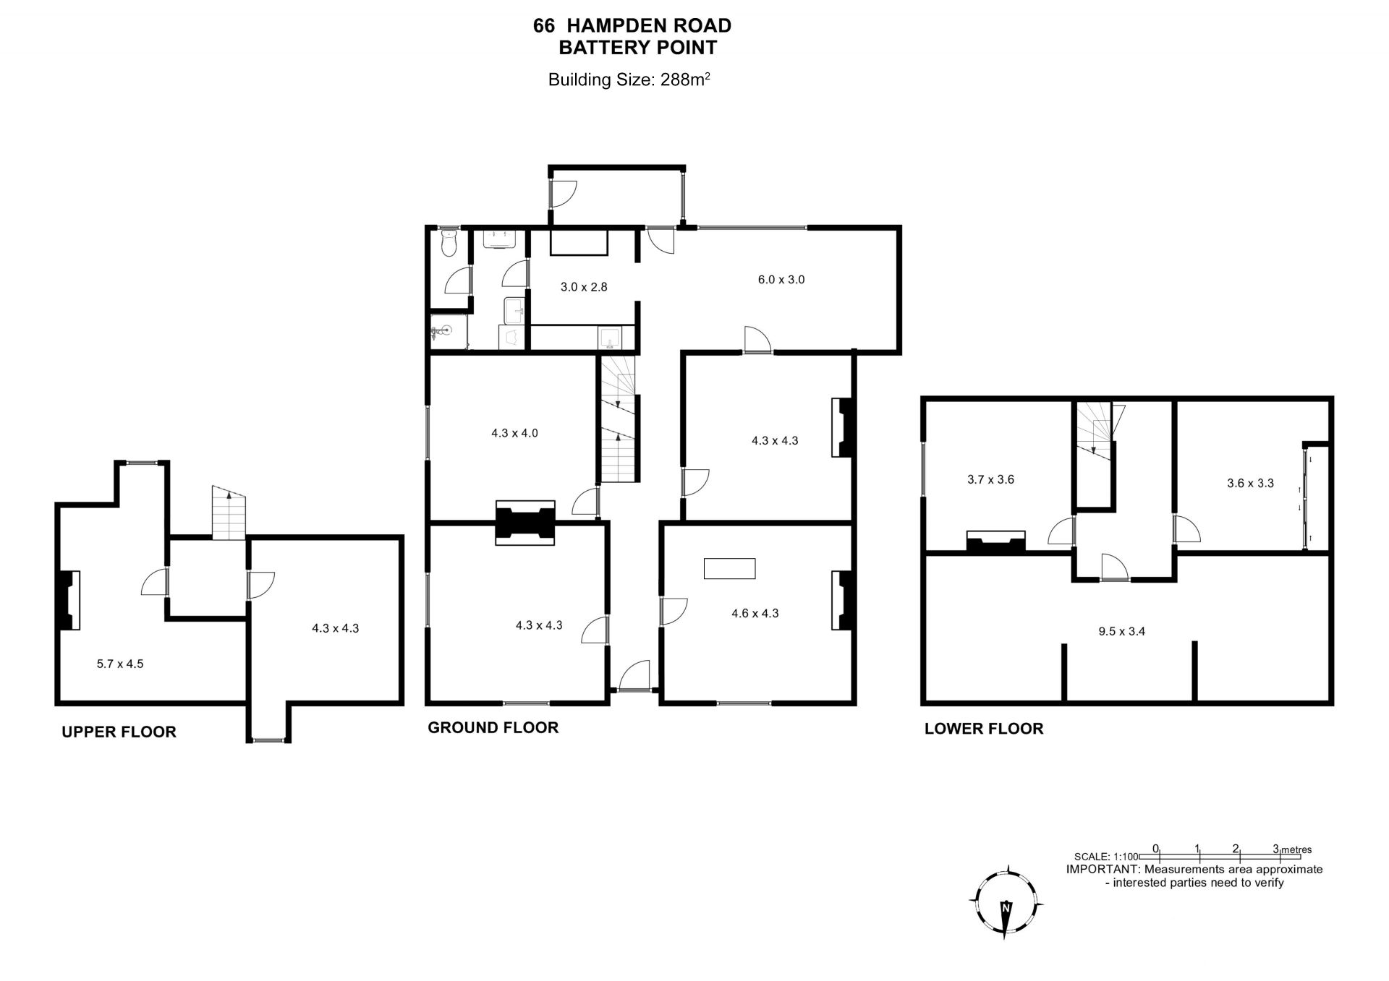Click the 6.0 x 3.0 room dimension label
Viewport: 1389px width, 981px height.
781,280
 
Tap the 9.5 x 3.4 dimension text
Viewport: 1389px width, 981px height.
1121,631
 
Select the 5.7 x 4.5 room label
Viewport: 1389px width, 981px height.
120,664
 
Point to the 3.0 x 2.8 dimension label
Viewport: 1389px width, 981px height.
584,287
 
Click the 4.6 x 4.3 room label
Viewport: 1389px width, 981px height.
755,614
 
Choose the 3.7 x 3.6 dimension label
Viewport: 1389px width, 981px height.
990,479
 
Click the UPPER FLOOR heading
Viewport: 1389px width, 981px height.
119,732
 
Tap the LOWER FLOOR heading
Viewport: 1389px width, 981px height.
984,729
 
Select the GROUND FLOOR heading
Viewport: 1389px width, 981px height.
493,727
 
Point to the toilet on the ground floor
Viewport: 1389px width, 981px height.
449,243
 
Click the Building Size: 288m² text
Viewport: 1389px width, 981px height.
629,80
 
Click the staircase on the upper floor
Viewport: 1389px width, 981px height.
229,513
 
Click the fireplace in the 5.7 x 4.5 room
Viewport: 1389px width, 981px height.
69,600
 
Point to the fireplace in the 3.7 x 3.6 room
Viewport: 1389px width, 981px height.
996,541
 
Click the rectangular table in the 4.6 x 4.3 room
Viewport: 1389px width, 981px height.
729,568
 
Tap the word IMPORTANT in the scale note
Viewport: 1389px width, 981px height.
1102,870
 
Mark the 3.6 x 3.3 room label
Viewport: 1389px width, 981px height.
1250,484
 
